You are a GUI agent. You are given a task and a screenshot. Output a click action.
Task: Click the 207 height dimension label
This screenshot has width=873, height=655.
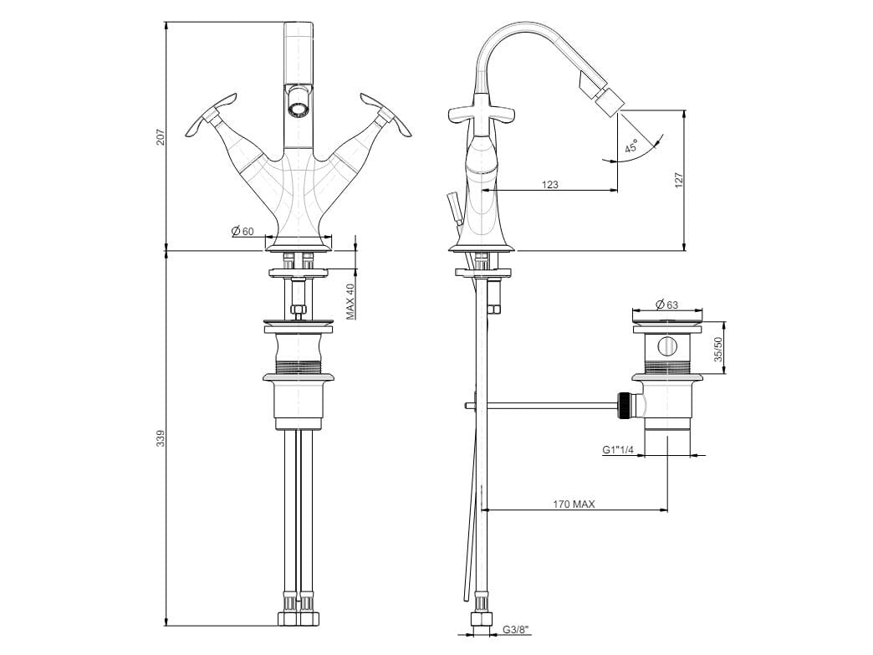click(161, 136)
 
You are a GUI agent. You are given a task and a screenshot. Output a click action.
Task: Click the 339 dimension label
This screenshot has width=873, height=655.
click(161, 438)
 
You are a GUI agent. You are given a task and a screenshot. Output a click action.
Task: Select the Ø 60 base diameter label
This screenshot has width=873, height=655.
click(242, 231)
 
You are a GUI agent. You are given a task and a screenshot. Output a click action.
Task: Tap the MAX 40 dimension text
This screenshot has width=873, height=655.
click(351, 299)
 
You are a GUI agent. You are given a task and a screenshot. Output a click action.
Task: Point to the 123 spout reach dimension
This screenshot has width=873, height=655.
click(549, 185)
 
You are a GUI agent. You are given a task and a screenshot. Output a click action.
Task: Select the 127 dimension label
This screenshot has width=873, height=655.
click(678, 180)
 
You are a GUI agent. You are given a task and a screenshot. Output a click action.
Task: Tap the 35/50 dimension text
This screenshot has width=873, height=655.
click(717, 348)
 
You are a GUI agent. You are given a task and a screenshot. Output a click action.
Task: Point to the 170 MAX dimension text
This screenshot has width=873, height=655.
click(574, 504)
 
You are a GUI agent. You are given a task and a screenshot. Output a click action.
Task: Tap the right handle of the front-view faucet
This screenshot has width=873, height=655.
click(393, 120)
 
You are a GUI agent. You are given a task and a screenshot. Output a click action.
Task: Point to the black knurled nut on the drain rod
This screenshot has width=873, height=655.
click(623, 405)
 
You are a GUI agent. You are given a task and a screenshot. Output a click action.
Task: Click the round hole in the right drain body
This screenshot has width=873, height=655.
click(666, 346)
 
